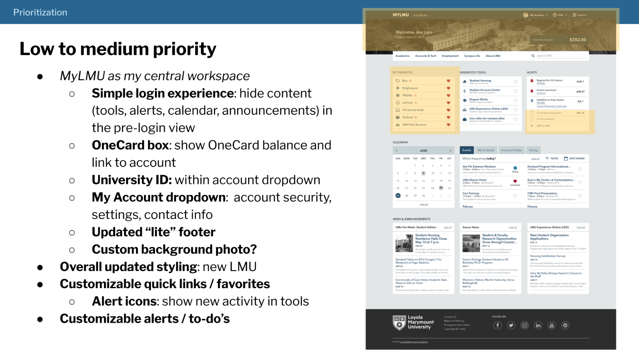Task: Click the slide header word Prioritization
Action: coord(40,12)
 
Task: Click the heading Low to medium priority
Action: coord(118,49)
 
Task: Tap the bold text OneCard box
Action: coord(130,145)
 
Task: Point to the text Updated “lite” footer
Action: coord(153,232)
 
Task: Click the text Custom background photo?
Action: coord(174,249)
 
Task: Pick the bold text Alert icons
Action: coord(124,301)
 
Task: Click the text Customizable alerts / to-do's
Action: coord(144,318)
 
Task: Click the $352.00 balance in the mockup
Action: coord(578,40)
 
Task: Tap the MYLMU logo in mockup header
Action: coord(400,15)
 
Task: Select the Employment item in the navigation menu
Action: coord(450,56)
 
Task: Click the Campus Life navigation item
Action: coord(472,56)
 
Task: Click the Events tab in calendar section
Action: coord(467,150)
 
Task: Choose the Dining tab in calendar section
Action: coord(533,150)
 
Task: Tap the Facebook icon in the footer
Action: coord(498,325)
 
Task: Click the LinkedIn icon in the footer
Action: coord(538,325)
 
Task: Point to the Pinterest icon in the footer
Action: coord(565,325)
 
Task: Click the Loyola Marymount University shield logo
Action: coord(399,323)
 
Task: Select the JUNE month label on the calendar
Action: coord(423,151)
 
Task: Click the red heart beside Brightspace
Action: coord(448,88)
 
